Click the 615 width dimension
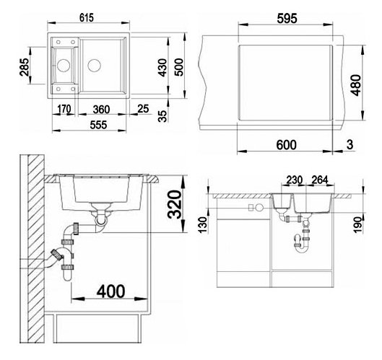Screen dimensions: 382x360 [x=87, y=18]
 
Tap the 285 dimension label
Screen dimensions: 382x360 [x=25, y=67]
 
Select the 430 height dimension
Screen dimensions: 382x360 [x=162, y=68]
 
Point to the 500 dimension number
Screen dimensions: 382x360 [x=179, y=67]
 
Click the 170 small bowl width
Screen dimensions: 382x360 [x=64, y=109]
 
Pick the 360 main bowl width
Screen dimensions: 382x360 [x=101, y=110]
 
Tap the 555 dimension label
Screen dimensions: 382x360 [x=98, y=125]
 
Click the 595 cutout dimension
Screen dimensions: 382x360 [x=287, y=19]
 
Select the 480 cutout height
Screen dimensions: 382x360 [x=357, y=85]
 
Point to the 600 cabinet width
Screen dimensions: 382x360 [x=286, y=145]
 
